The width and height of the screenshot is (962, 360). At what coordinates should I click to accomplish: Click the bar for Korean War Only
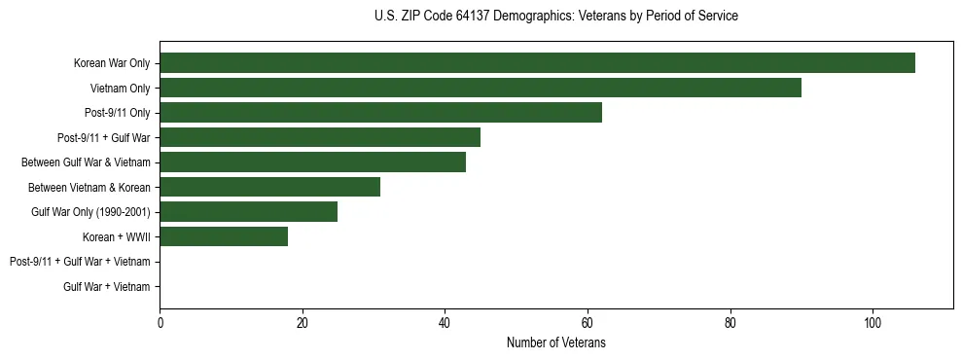pos(537,63)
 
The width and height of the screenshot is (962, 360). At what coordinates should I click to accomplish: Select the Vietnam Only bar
pos(481,88)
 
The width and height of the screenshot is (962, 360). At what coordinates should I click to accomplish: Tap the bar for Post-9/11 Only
pos(380,113)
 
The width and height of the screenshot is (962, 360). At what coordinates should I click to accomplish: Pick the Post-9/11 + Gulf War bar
pos(320,137)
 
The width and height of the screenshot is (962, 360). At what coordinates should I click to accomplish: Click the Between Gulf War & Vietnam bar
pos(312,162)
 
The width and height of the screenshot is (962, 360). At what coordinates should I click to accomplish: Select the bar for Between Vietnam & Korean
pos(269,187)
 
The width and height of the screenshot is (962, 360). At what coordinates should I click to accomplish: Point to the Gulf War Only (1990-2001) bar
pos(248,212)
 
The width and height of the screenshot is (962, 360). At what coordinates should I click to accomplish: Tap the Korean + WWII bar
pos(224,236)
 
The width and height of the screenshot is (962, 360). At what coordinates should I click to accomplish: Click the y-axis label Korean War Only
pos(111,63)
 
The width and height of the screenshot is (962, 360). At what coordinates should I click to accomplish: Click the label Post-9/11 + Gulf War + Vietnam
pos(80,262)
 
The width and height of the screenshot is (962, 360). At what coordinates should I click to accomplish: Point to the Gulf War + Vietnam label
pos(106,286)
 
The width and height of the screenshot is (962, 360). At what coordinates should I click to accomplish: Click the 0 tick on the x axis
pos(160,324)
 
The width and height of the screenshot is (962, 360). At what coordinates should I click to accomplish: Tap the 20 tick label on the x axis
pos(303,324)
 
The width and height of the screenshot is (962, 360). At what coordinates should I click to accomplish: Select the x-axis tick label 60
pos(588,324)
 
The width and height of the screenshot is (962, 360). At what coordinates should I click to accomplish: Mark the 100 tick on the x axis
pos(873,324)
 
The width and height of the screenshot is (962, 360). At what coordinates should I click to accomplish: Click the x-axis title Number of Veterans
pos(555,343)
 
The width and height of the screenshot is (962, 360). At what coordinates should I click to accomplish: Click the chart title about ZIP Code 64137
pos(555,17)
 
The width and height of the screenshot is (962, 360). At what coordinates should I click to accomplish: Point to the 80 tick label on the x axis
pos(730,324)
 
